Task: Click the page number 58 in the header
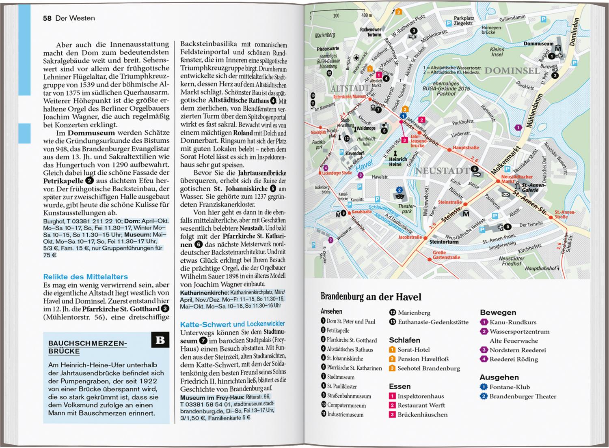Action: point(47,18)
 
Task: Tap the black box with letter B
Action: point(160,340)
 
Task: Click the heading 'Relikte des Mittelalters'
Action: point(85,277)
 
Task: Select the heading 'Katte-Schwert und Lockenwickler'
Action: point(232,324)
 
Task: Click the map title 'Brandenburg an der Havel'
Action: point(371,297)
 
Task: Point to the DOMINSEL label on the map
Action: point(512,71)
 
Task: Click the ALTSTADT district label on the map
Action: point(350,88)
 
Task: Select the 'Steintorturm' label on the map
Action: point(444,242)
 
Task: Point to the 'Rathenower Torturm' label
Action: point(371,32)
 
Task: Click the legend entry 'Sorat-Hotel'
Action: point(413,349)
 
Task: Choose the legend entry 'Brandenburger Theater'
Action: point(523,396)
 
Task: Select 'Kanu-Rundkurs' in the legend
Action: point(513,322)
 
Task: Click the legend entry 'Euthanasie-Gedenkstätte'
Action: point(433,322)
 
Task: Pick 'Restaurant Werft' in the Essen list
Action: point(421,405)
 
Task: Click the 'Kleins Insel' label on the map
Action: point(497,52)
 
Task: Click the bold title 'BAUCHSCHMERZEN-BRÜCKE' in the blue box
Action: point(88,347)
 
